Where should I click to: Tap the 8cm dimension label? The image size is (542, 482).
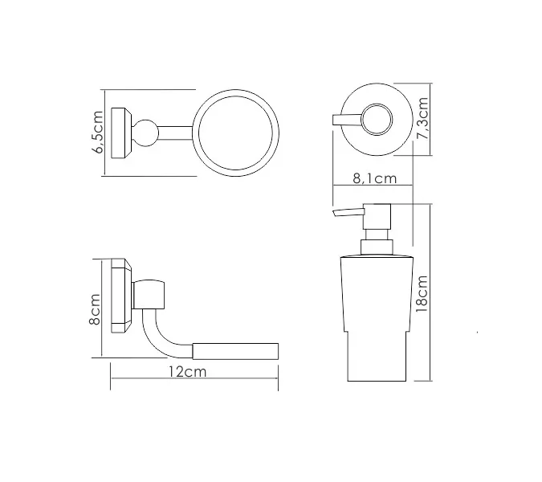point(95,310)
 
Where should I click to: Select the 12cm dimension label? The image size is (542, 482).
point(188,372)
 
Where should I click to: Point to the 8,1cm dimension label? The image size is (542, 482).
point(375,178)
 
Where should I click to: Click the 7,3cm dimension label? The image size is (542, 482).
point(423,119)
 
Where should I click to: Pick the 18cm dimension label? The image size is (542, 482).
point(422,294)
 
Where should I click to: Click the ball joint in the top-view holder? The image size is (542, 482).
point(145,133)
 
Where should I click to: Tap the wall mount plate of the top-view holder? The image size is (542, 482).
point(121,133)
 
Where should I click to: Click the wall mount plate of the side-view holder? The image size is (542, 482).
point(121,296)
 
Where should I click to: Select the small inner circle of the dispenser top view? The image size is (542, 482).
point(377,119)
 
